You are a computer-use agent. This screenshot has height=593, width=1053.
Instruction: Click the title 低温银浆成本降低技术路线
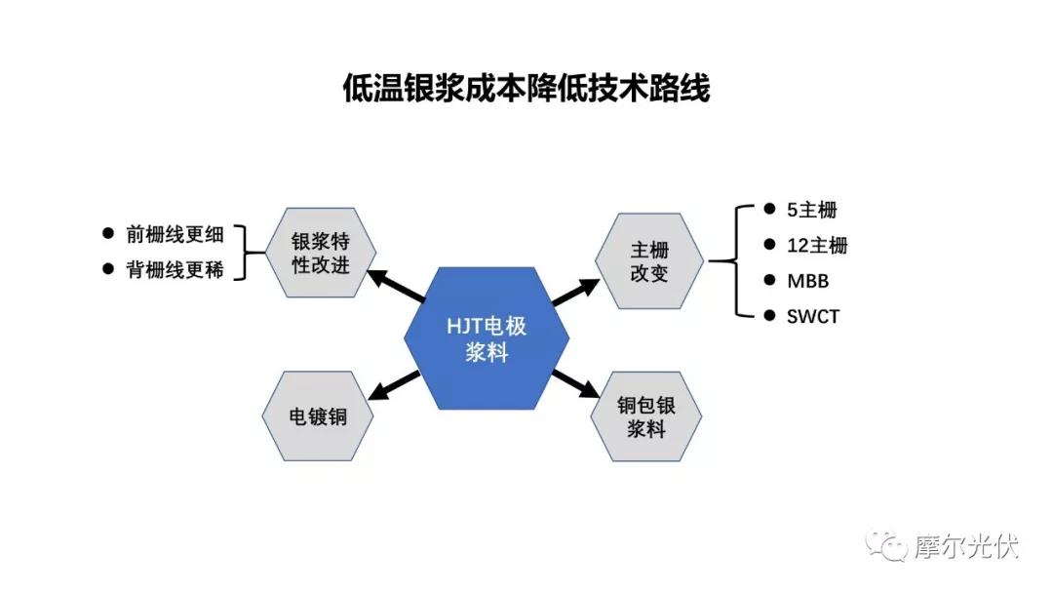526,89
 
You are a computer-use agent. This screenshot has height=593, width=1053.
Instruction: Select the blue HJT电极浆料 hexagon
487,338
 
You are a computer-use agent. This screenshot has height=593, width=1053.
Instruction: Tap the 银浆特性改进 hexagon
321,253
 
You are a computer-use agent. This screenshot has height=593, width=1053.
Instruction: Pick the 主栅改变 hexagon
649,261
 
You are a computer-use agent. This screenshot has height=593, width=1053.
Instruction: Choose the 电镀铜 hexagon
318,416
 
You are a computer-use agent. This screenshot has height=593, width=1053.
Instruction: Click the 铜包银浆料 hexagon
646,416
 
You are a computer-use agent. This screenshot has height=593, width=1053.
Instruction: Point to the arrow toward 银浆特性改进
396,286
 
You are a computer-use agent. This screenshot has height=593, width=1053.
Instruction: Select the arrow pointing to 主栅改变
575,293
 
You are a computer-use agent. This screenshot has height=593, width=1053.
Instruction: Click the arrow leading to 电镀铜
395,386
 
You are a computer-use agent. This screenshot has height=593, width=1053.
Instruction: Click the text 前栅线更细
175,234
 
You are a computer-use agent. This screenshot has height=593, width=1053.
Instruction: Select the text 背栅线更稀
175,270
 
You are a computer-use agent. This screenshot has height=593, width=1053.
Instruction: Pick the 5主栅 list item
812,211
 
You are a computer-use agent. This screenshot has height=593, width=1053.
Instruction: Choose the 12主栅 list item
817,246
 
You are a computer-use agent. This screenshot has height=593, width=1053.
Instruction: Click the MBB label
808,281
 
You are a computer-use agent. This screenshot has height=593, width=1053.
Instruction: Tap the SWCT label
813,316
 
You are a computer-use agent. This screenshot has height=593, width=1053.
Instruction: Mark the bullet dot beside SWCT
769,315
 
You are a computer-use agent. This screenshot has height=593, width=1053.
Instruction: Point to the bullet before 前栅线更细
108,233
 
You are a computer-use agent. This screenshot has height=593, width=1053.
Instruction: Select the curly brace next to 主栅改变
737,261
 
